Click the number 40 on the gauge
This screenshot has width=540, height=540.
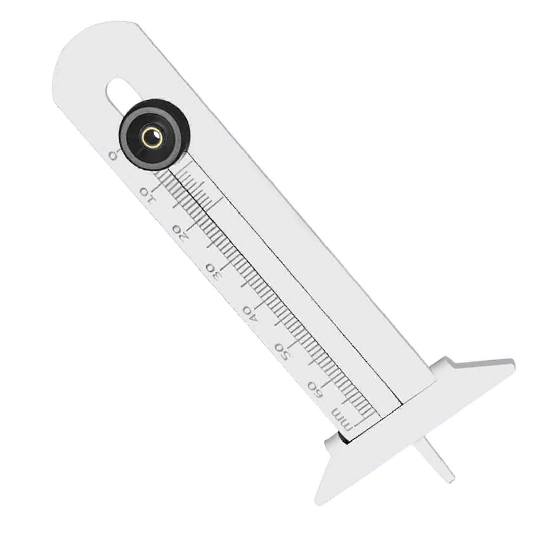pyautogui.click(x=250, y=313)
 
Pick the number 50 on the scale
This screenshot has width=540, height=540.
pyautogui.click(x=282, y=352)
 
